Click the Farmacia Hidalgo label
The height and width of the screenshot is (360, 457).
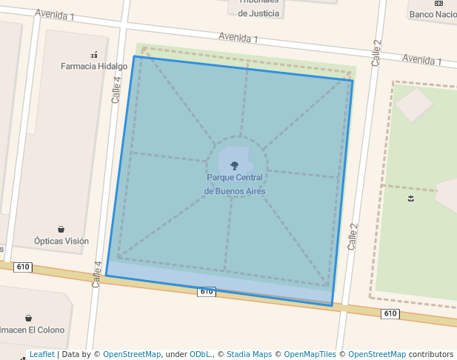tap(94, 66)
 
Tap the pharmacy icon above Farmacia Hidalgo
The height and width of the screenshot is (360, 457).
tap(94, 54)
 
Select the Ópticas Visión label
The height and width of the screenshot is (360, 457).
tap(61, 241)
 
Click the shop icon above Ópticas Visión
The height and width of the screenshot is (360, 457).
tap(61, 230)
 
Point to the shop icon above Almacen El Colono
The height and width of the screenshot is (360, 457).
tap(28, 318)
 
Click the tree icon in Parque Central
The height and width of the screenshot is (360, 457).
tap(235, 166)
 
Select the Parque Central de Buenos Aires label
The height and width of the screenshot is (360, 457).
tap(235, 184)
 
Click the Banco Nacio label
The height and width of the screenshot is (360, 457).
tap(433, 14)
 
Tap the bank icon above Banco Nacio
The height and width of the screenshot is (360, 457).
tap(438, 3)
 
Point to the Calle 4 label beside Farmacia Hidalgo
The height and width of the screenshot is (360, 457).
tap(116, 89)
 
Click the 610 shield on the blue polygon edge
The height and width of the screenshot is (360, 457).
tap(207, 292)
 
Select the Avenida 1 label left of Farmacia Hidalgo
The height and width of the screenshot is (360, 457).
tap(54, 15)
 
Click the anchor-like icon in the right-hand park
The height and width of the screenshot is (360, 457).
tap(410, 199)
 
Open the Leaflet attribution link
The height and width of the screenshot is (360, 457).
tap(41, 354)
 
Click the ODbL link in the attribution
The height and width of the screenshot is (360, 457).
tap(200, 354)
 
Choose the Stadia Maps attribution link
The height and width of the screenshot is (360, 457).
tap(249, 354)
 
